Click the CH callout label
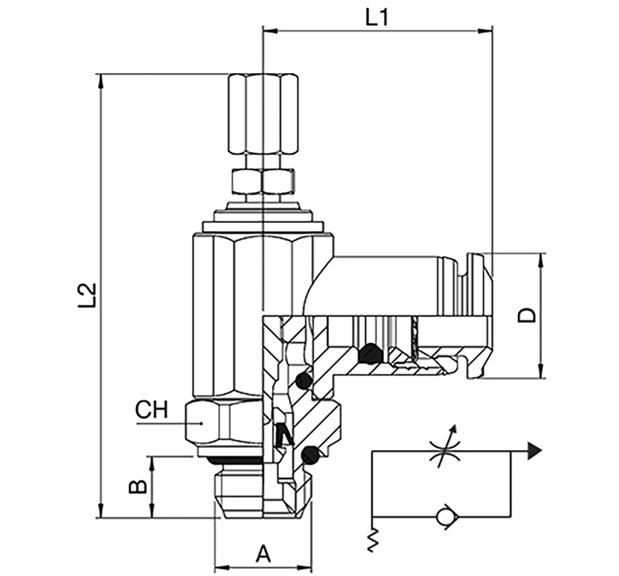pos(152,410)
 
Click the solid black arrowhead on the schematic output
pos(535,451)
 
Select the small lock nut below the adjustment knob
pos(263,180)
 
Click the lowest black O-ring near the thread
pos(309,454)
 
